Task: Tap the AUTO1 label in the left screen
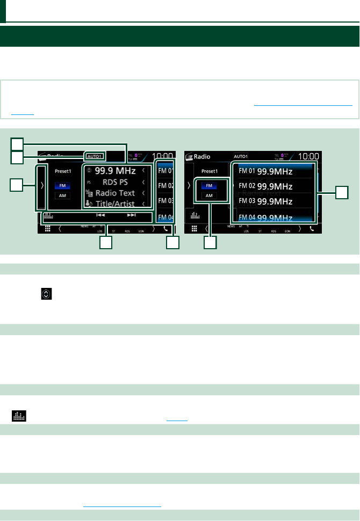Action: click(95, 156)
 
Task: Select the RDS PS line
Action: click(115, 182)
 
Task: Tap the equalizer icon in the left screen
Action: click(48, 216)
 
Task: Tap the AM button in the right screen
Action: click(209, 196)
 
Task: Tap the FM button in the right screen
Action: click(209, 185)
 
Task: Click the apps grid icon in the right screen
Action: click(195, 228)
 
